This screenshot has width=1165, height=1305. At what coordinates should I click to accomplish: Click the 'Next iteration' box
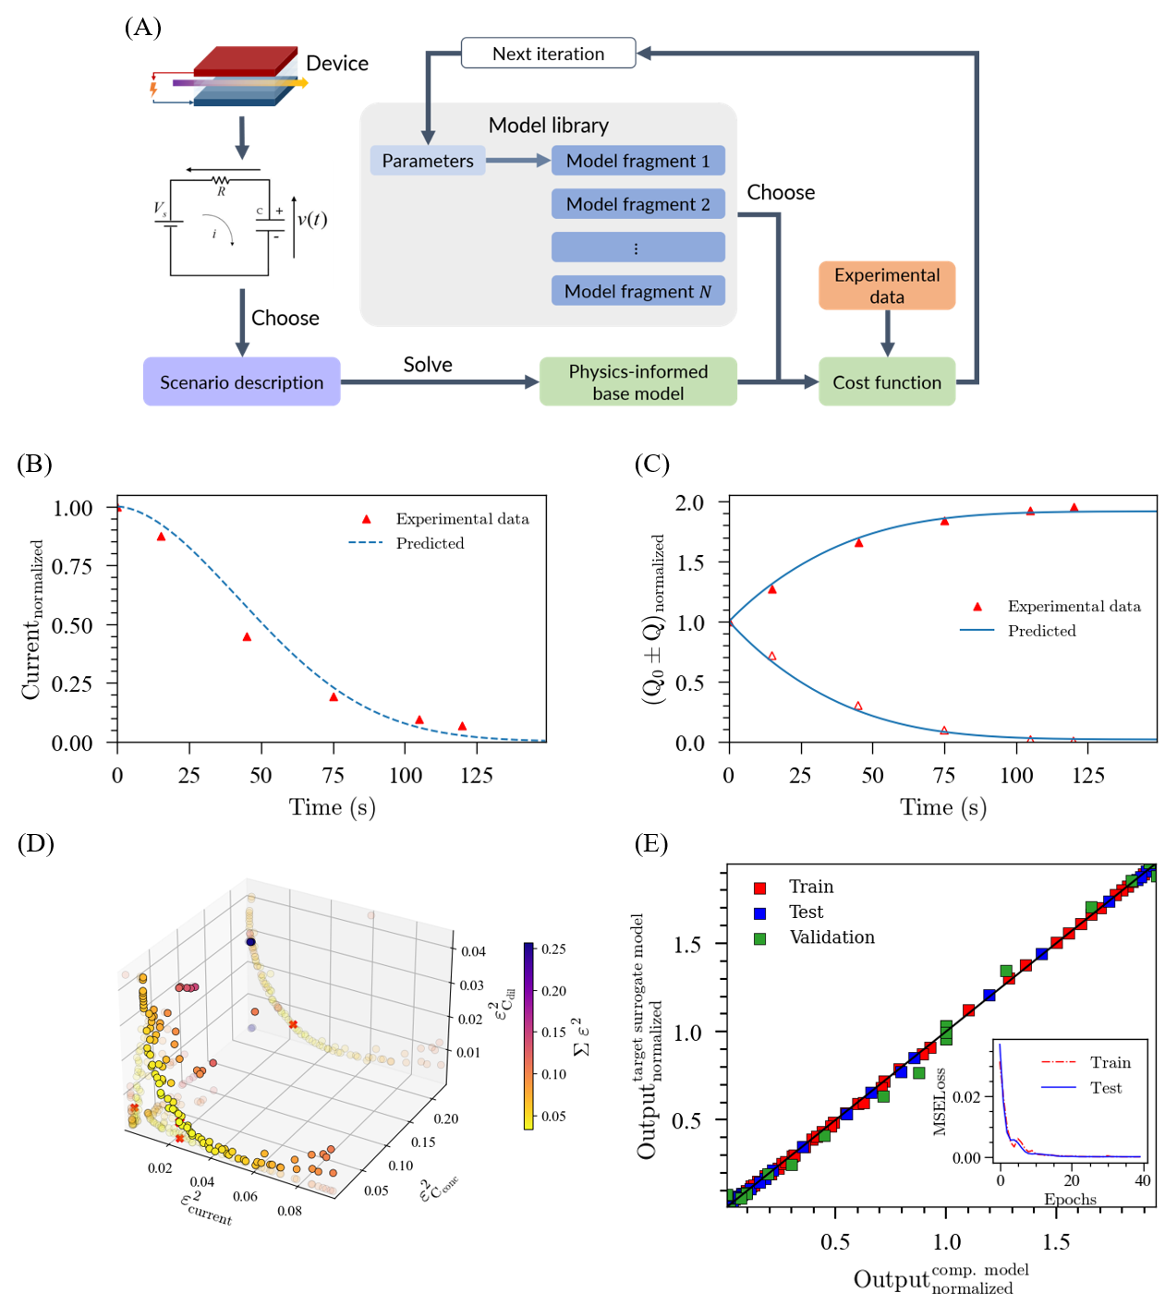(548, 54)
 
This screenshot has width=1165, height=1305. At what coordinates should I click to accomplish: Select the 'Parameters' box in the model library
(428, 161)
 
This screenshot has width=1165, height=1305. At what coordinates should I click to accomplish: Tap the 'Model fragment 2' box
(637, 204)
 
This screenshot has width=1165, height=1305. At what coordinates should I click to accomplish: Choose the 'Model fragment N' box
(637, 291)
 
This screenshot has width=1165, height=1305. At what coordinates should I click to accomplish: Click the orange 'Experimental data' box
(886, 285)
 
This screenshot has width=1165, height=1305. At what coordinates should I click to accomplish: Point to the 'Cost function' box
(886, 382)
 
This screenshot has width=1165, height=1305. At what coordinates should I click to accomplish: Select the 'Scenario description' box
(241, 382)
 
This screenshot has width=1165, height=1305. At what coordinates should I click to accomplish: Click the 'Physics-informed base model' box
(637, 382)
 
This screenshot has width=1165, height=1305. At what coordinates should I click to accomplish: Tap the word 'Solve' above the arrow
(428, 365)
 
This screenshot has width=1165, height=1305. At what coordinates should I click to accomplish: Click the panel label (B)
(34, 464)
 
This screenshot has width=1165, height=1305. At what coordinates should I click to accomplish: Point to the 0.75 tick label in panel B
(72, 566)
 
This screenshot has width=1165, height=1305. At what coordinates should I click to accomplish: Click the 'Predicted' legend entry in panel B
(430, 543)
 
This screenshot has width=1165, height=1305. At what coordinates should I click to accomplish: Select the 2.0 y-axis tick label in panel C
(689, 503)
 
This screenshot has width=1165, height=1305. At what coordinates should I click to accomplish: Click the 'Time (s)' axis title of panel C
(943, 807)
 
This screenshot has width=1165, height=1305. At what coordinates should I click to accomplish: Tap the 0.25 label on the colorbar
(553, 949)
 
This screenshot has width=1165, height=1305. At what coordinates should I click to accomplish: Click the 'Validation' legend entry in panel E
(831, 937)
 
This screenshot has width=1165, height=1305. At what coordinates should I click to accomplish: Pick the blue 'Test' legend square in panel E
(760, 912)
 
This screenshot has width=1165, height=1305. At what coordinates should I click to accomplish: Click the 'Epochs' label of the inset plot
(1070, 1199)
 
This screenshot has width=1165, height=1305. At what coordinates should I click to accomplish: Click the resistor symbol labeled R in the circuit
(221, 180)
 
